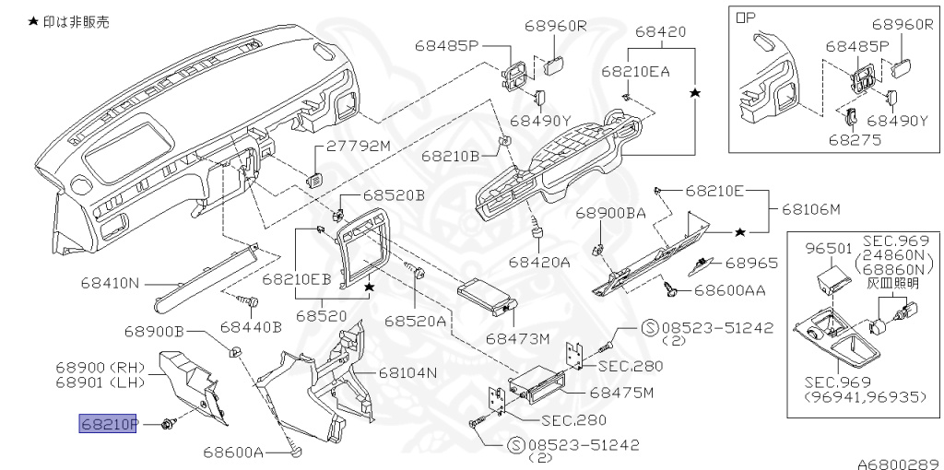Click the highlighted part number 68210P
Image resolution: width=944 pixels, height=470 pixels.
coord(108,424)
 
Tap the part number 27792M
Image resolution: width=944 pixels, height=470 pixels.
coord(360,147)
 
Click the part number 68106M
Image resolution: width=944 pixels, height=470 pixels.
coord(811,209)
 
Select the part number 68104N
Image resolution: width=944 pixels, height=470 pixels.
coord(407,373)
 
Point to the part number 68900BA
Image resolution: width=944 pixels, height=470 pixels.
coord(609,212)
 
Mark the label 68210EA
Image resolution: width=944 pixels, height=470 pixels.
coord(635,70)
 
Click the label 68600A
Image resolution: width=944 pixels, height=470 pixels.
coord(234,452)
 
